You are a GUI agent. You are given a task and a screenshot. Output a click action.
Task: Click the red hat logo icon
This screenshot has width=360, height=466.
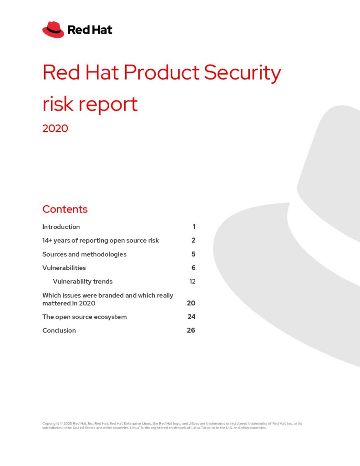[x=53, y=30]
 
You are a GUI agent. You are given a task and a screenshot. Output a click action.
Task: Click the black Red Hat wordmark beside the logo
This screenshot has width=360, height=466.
[x=90, y=30]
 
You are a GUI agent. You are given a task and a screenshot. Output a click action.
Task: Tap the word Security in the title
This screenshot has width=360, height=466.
[x=242, y=73]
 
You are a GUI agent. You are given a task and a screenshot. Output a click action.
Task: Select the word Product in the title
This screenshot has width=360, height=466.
[x=162, y=72]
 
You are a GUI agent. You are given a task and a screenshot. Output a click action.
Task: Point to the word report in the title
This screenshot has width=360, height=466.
[x=108, y=105]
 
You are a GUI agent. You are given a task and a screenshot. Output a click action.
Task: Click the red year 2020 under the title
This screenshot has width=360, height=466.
[x=55, y=128]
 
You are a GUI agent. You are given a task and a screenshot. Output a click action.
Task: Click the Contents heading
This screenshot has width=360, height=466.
[x=65, y=209]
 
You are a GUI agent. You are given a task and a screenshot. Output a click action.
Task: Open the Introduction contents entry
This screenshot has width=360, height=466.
[x=61, y=227]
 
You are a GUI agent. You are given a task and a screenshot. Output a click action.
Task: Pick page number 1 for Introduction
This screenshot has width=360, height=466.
[x=194, y=227]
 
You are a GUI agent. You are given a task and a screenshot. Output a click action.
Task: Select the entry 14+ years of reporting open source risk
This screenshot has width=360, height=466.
[x=101, y=240]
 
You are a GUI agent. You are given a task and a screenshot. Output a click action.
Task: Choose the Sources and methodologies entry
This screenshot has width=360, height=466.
[x=85, y=254]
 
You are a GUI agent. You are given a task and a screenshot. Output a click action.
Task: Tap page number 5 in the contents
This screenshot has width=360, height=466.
[x=193, y=254]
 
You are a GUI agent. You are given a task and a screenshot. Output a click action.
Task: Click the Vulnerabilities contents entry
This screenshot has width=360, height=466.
[x=64, y=268]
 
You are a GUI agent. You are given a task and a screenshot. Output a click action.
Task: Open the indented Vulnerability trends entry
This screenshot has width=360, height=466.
[x=83, y=281]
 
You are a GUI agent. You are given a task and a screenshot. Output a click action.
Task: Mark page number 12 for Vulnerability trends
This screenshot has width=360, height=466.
[x=193, y=281]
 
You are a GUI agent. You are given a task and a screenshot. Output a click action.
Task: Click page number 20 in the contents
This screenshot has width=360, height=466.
[x=191, y=303]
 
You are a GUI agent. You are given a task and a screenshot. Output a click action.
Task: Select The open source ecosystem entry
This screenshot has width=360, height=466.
[x=85, y=317]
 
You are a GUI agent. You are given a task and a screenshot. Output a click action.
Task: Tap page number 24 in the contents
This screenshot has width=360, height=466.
[x=192, y=317]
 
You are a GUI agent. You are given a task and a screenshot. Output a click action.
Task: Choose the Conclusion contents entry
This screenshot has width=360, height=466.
[x=59, y=330]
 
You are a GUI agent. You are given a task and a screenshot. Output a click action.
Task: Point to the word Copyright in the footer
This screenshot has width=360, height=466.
[x=51, y=424]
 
